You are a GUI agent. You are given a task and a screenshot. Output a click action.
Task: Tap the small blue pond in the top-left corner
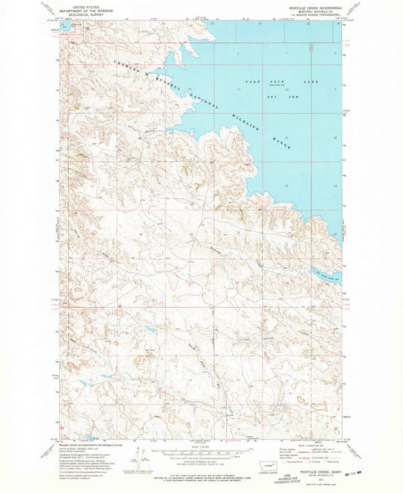click(64, 25)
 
